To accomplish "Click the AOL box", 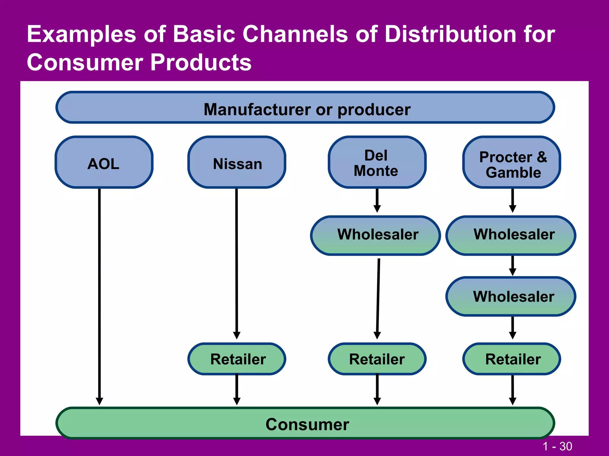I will (104, 162).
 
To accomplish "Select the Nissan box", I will (237, 162).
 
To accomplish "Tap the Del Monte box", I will (377, 162).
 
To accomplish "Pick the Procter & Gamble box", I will (512, 162).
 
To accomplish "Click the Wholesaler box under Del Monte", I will (375, 235).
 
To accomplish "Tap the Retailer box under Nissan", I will (237, 359).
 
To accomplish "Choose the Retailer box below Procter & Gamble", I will (512, 359).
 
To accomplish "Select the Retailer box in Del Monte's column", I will (377, 359).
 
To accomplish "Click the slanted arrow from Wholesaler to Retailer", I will (378, 297).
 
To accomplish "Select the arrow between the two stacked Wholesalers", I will (512, 265).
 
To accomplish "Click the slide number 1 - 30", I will (557, 446).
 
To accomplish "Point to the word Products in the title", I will (201, 63).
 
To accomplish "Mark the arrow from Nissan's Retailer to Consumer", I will (237, 389).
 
